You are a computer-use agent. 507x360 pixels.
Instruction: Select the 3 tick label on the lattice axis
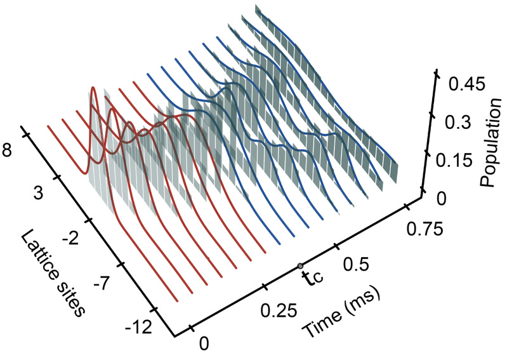pos(38,194)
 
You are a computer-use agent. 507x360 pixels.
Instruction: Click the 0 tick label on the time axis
pos(202,343)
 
